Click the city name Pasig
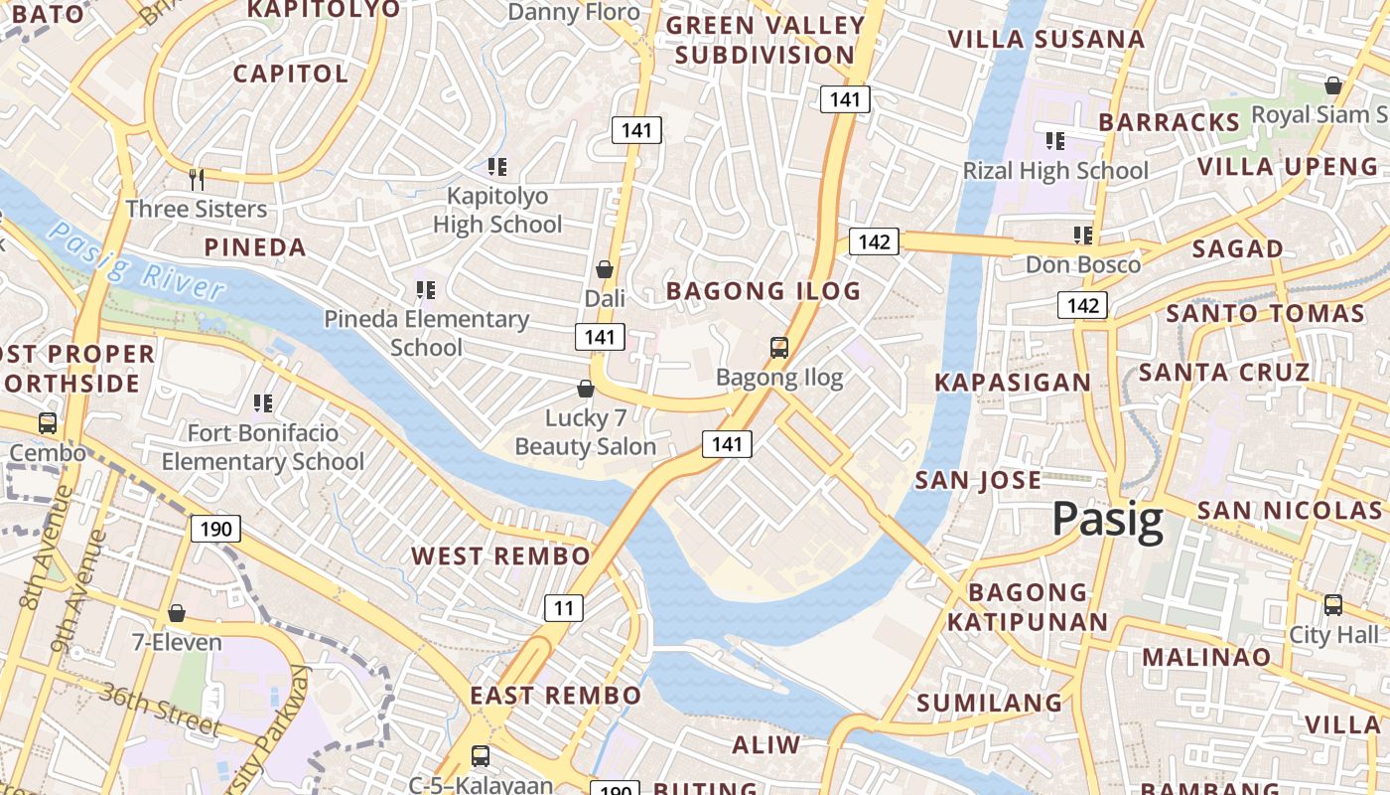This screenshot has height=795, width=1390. coord(1107,520)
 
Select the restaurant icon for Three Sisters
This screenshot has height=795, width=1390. coord(197,179)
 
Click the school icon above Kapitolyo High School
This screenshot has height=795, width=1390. coord(497,166)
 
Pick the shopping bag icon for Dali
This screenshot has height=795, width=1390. coord(604,269)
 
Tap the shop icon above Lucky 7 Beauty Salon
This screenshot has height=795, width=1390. coord(586,389)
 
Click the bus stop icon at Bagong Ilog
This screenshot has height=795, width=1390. coord(779,348)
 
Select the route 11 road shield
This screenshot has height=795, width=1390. coord(563,608)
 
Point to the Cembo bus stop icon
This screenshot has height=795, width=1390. coord(47,422)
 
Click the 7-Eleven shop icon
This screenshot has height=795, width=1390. coord(177,613)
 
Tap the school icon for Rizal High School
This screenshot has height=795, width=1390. coord(1054,141)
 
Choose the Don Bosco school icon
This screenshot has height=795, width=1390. coord(1082,236)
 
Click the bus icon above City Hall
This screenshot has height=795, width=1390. coord(1332,604)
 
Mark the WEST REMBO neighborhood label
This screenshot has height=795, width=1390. coord(500,556)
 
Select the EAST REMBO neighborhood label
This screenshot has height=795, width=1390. coord(555,695)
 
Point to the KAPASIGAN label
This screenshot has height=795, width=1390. coord(1012,383)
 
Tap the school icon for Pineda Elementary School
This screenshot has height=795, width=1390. coord(425,290)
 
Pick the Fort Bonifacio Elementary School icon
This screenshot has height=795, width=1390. coord(262,403)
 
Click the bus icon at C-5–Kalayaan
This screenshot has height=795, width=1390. coord(481,755)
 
